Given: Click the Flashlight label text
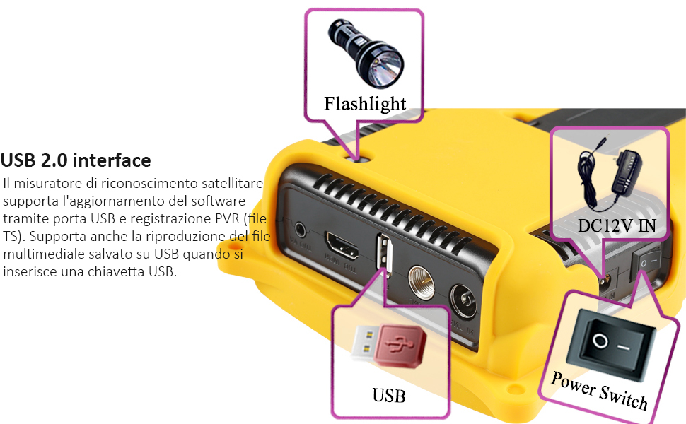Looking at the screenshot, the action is click(365, 104).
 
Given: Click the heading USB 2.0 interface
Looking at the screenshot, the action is click(76, 160).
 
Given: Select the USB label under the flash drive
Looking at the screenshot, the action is click(389, 395).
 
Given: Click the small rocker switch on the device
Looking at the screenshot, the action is click(646, 262).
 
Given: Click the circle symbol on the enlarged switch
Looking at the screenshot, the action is click(600, 341).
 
